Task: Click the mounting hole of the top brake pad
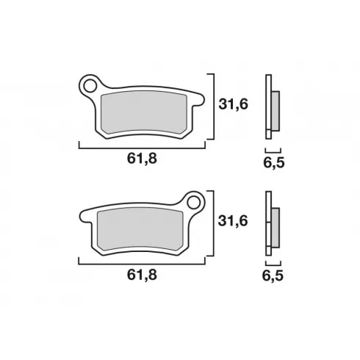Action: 89,86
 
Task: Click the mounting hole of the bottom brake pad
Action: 193,203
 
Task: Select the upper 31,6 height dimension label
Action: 233,104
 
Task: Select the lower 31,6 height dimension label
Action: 233,221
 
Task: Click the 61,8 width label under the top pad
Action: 142,159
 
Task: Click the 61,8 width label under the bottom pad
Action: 142,275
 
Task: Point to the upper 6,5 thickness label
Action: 274,162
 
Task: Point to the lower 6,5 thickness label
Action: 273,276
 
